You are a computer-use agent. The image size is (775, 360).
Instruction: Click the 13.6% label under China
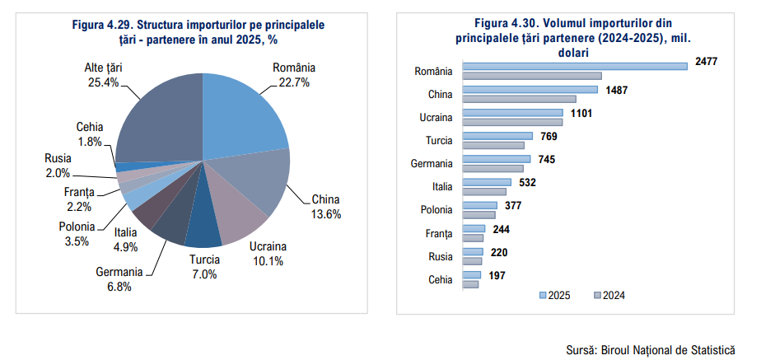tap(325, 213)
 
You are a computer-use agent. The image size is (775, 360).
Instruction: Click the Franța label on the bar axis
tap(439, 233)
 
